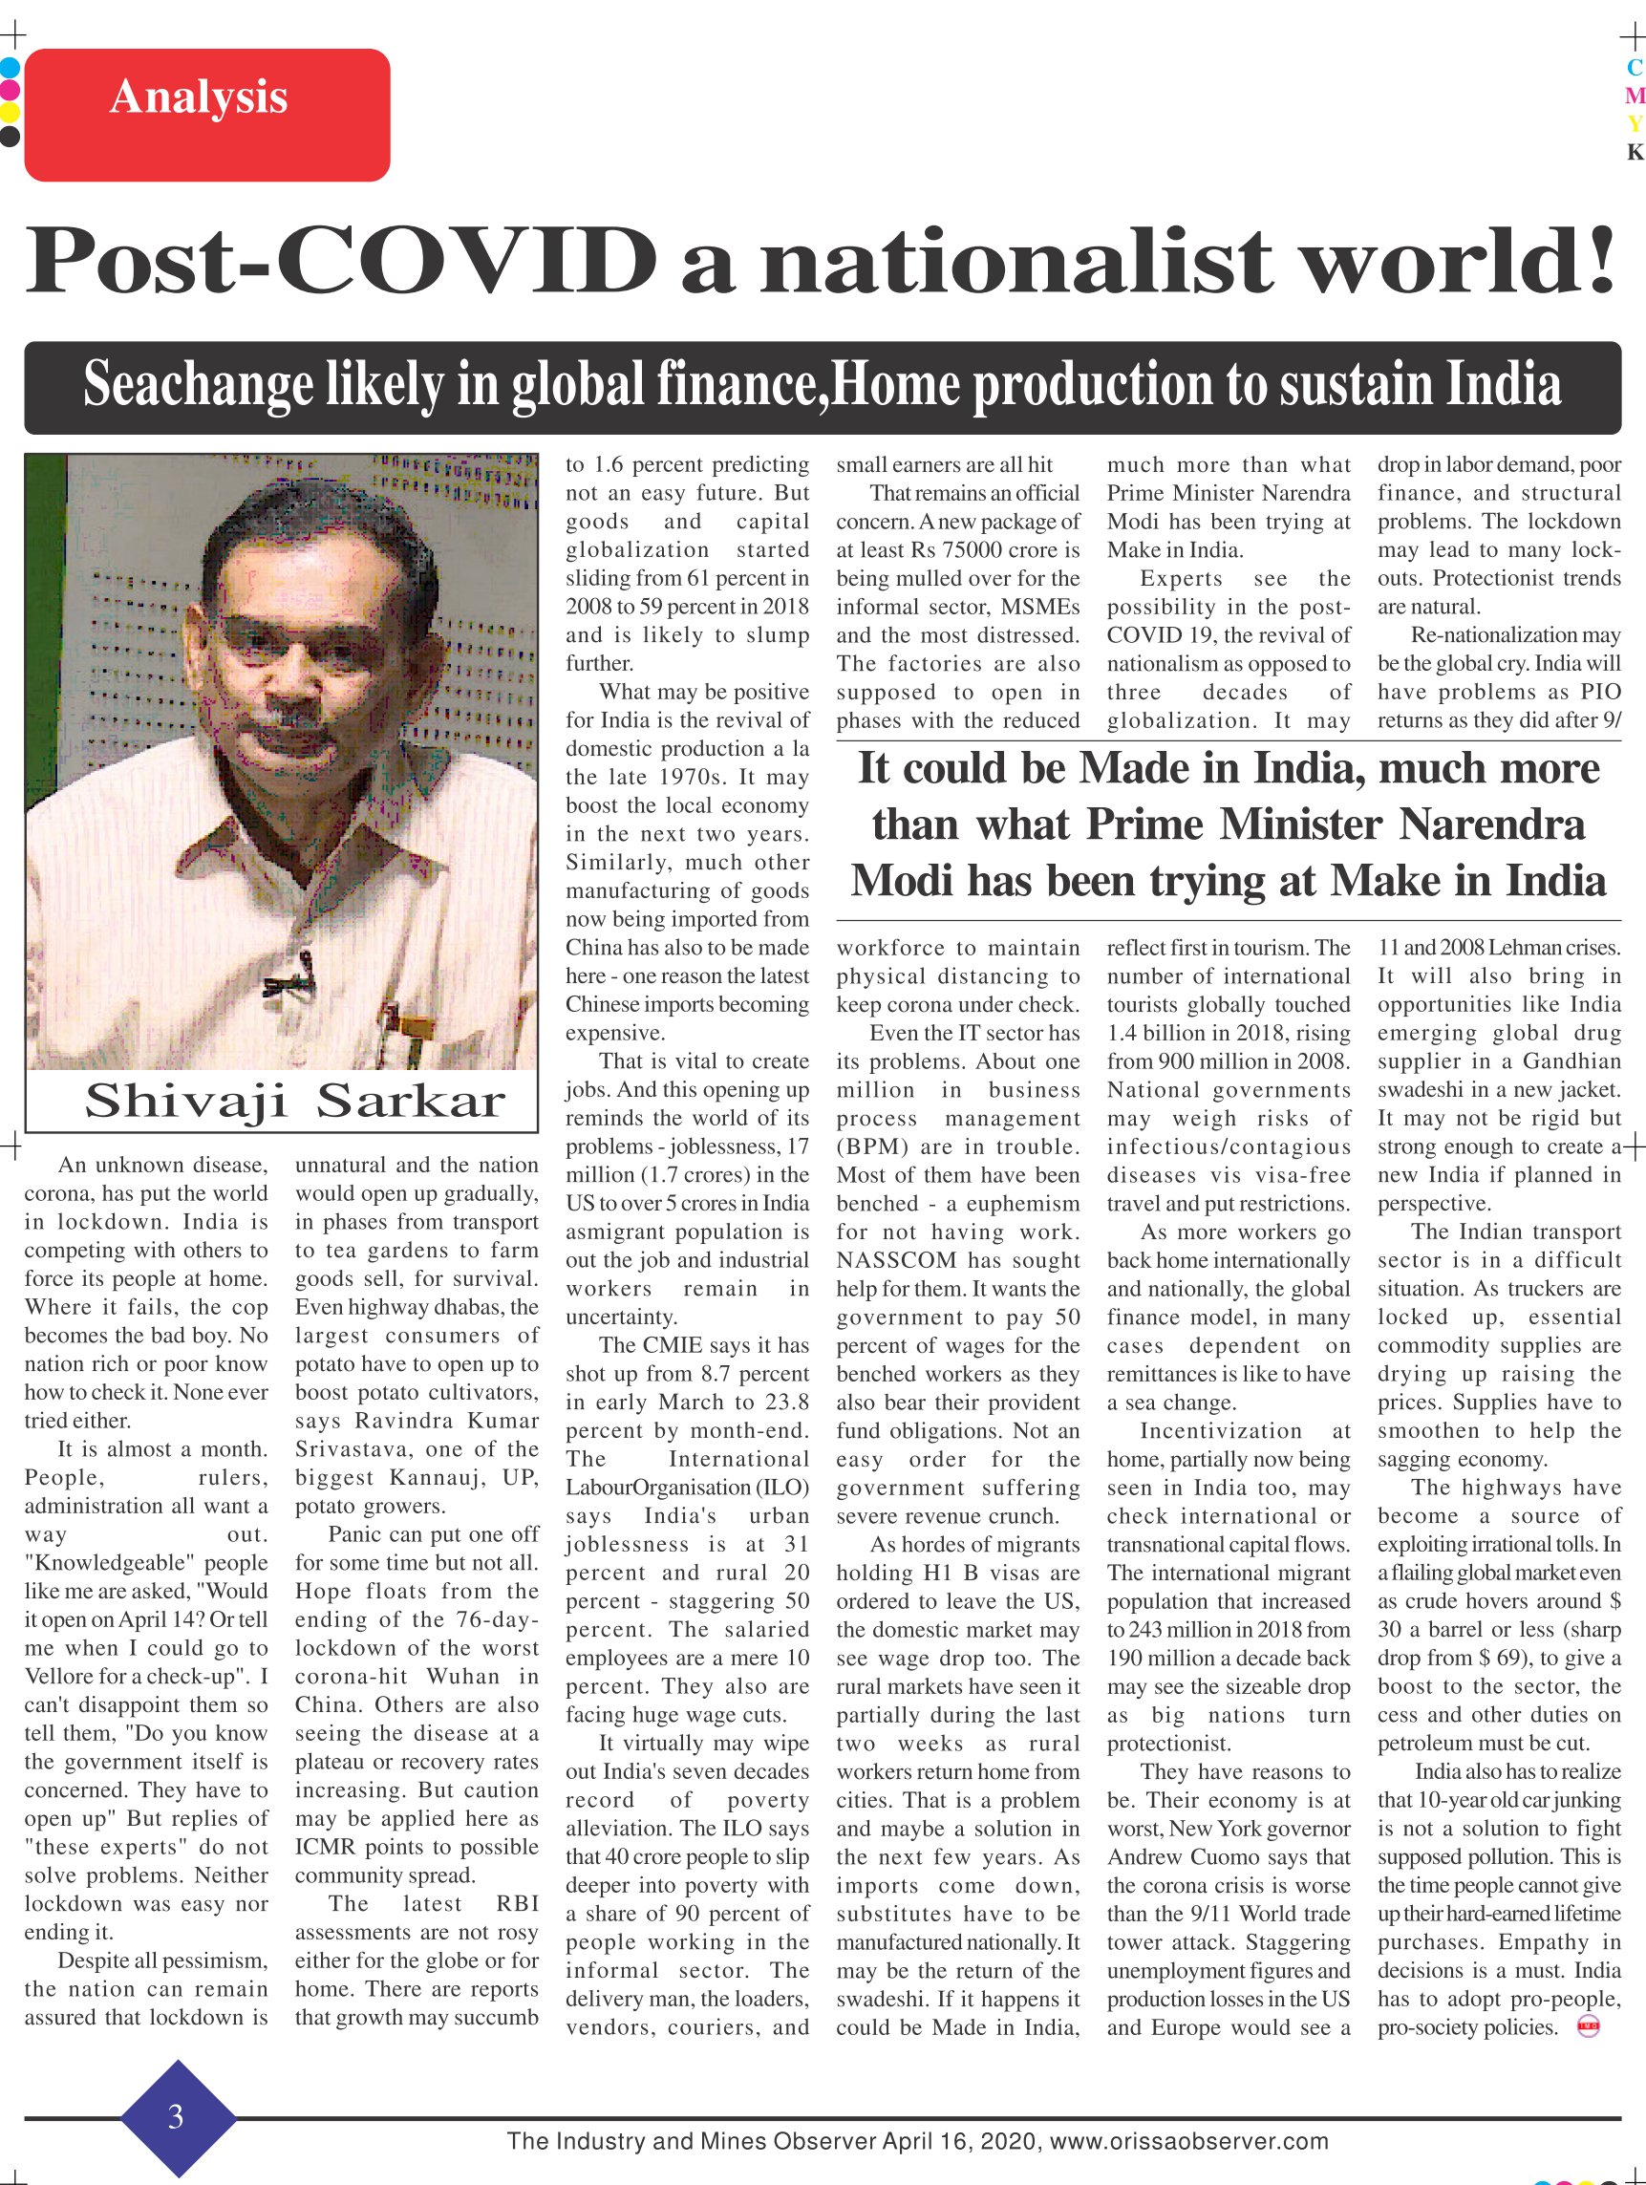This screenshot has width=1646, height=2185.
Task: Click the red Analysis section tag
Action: (x=206, y=115)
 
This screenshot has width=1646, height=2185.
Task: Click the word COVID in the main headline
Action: (x=464, y=261)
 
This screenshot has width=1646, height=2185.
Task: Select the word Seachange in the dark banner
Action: (x=198, y=385)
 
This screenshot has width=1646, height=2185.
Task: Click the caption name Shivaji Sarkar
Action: (x=294, y=1101)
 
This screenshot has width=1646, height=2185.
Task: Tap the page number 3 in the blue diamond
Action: (x=176, y=2117)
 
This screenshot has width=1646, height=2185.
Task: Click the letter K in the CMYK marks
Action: (x=1635, y=152)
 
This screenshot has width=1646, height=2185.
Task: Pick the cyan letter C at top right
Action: (x=1635, y=67)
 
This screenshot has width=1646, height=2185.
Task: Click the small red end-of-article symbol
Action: (x=1589, y=2028)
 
